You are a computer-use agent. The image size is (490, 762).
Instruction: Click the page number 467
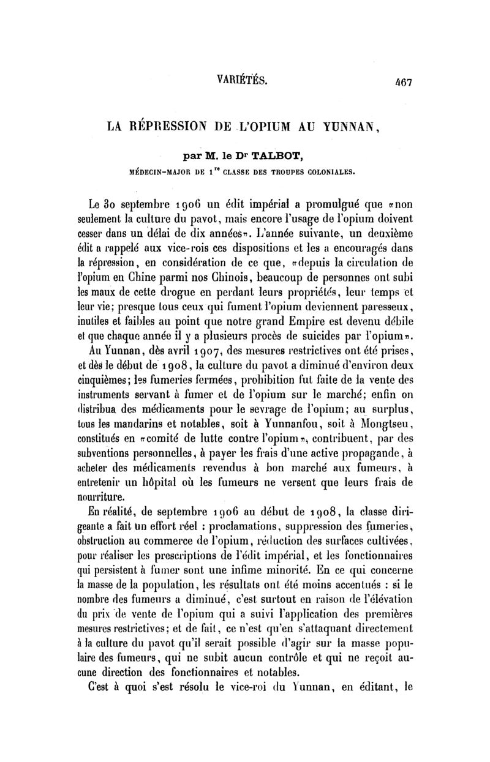pos(402,80)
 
